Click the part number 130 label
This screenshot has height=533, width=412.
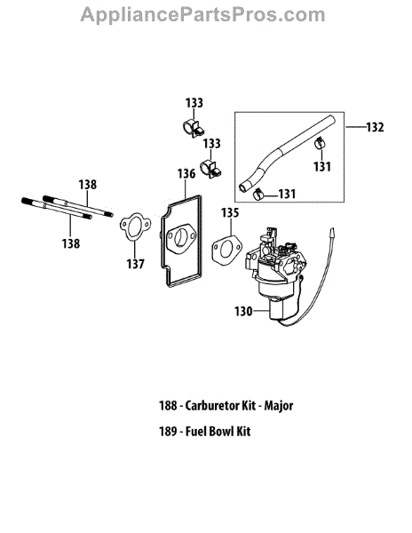pos(243,311)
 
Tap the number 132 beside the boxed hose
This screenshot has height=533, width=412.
pos(375,127)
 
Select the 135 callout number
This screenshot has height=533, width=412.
pos(230,213)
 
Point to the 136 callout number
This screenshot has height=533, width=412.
pos(186,174)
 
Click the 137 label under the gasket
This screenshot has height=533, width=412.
pos(135,264)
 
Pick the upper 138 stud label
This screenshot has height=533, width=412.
pos(88,185)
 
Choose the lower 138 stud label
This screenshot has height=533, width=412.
pos(71,243)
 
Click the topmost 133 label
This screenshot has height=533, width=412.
pos(194,103)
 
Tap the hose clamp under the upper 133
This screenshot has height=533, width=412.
pos(194,128)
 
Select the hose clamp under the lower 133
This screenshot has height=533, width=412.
pos(210,168)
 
